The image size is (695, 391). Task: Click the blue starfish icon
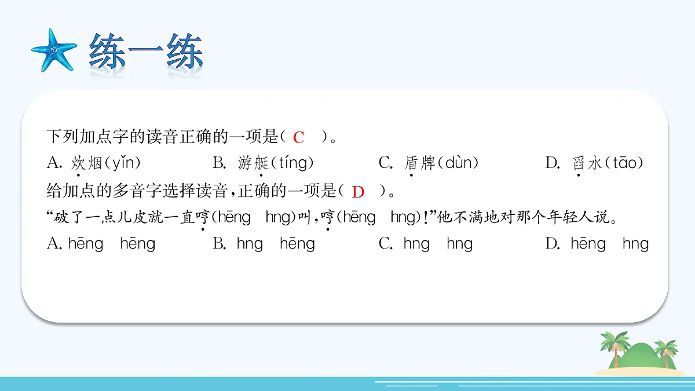point(53,50)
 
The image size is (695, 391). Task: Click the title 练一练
point(146,54)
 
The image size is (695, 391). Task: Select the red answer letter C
point(299,138)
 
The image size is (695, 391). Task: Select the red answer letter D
point(359,192)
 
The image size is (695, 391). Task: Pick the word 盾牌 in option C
point(419,163)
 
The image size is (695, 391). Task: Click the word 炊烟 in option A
point(86,163)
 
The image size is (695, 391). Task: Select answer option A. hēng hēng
point(101,244)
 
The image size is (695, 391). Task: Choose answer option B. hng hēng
point(264,244)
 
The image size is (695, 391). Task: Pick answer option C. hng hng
point(426,244)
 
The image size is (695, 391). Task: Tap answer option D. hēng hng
point(597,244)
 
